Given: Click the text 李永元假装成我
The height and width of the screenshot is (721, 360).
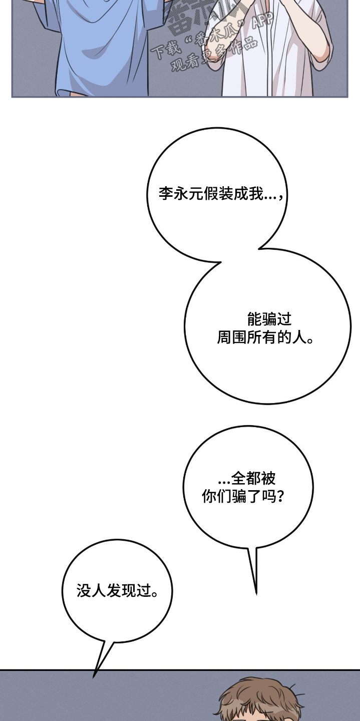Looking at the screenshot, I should click(211, 194).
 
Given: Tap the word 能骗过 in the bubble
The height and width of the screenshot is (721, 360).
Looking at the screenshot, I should click(269, 319).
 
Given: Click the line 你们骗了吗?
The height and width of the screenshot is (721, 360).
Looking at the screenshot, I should click(243, 497).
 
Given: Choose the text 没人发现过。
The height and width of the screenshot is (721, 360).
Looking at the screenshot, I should click(118, 591).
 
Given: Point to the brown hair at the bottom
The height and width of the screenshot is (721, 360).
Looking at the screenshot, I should click(260, 698).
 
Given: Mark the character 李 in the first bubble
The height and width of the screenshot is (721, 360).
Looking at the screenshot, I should click(166, 194).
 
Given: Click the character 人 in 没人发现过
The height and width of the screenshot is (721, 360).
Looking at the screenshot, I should click(98, 591).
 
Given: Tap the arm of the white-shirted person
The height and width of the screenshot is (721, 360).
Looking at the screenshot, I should click(320, 45).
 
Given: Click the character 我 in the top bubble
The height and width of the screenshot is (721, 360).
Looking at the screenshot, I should click(256, 194).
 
